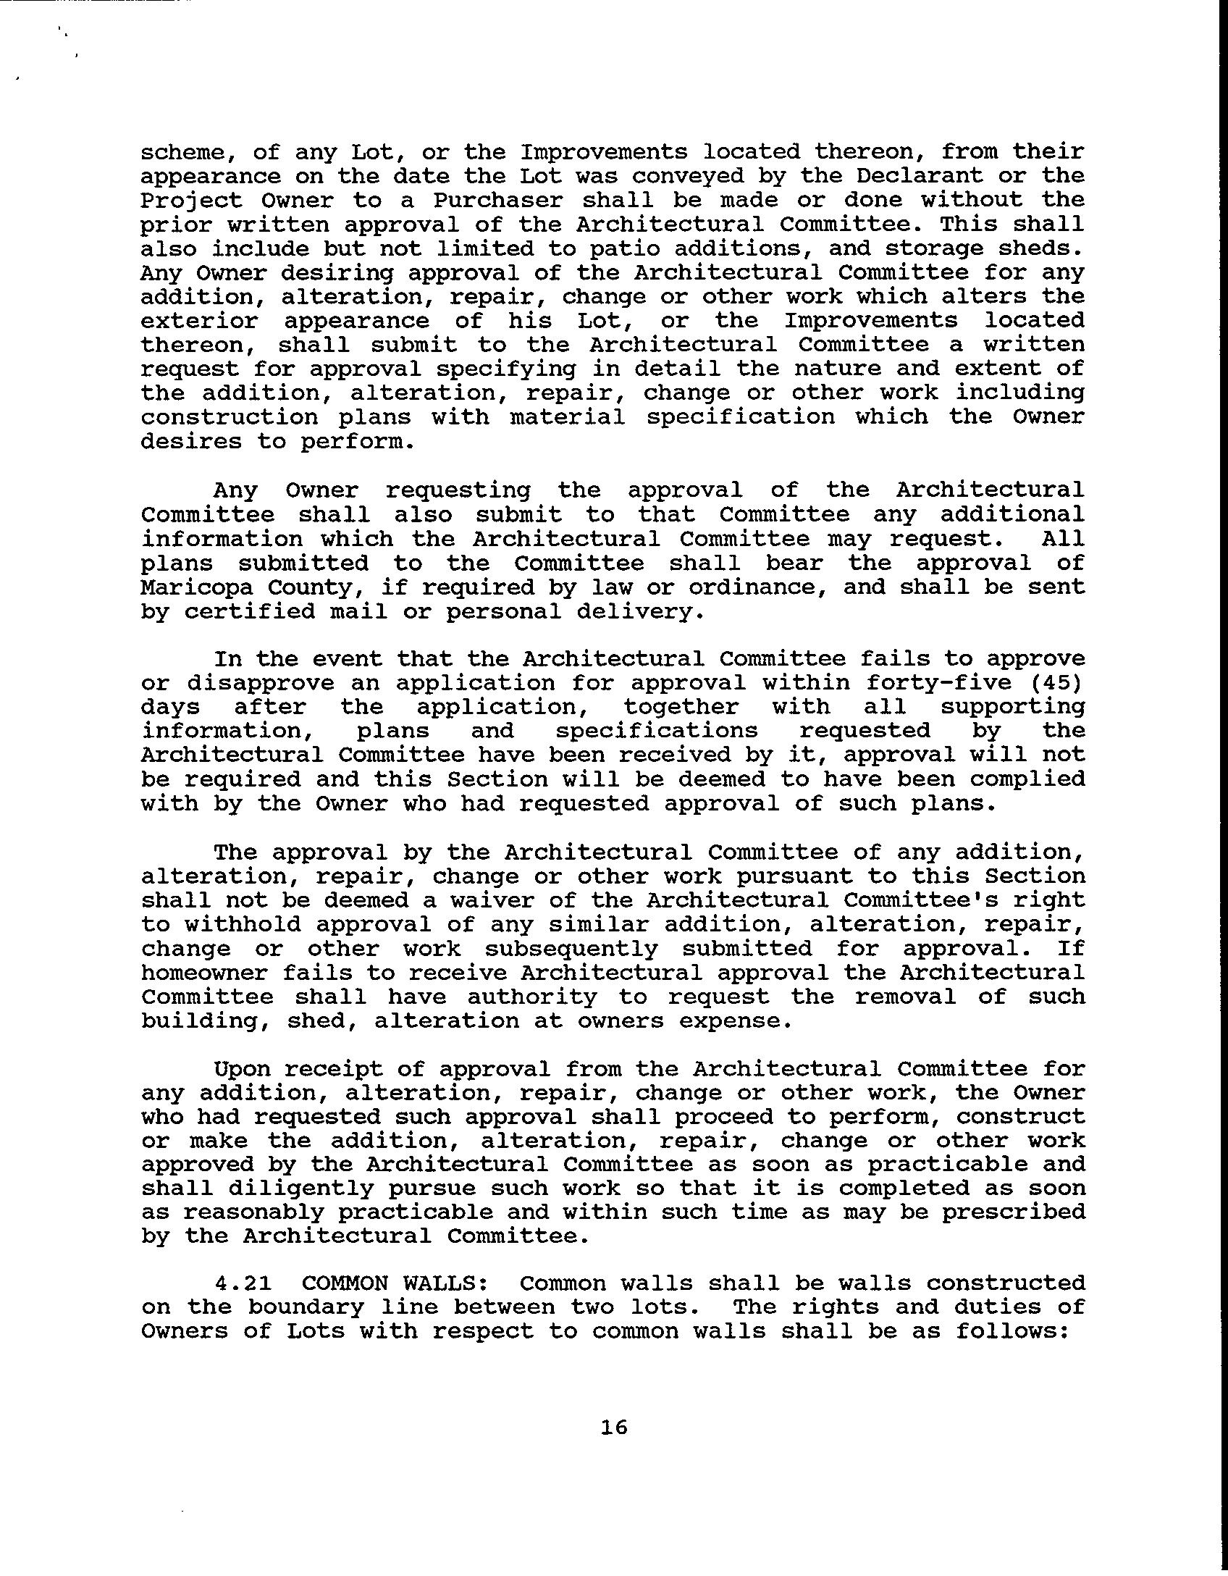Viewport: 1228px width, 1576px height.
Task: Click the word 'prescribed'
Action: tap(1013, 1212)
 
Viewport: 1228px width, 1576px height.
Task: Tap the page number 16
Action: tap(613, 1428)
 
